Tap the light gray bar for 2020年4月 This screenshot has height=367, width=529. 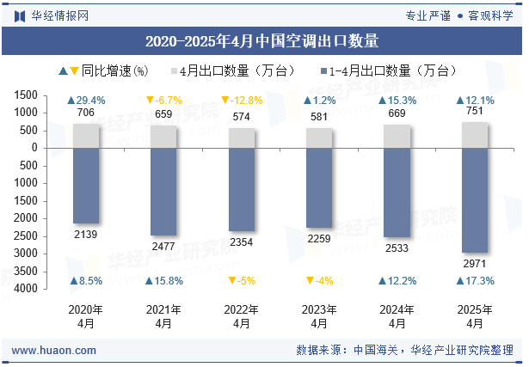86,135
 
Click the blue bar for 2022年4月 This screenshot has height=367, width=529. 242,188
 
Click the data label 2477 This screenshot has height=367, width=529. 163,247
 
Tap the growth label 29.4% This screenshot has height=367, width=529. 86,101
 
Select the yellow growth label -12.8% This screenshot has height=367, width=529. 242,101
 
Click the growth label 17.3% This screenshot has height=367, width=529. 476,281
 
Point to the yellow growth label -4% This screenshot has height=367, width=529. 319,281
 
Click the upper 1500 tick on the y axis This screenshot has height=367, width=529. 50,95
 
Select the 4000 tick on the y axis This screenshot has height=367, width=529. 50,289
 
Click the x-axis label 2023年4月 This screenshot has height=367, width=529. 319,316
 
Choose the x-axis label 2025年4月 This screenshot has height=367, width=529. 476,316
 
